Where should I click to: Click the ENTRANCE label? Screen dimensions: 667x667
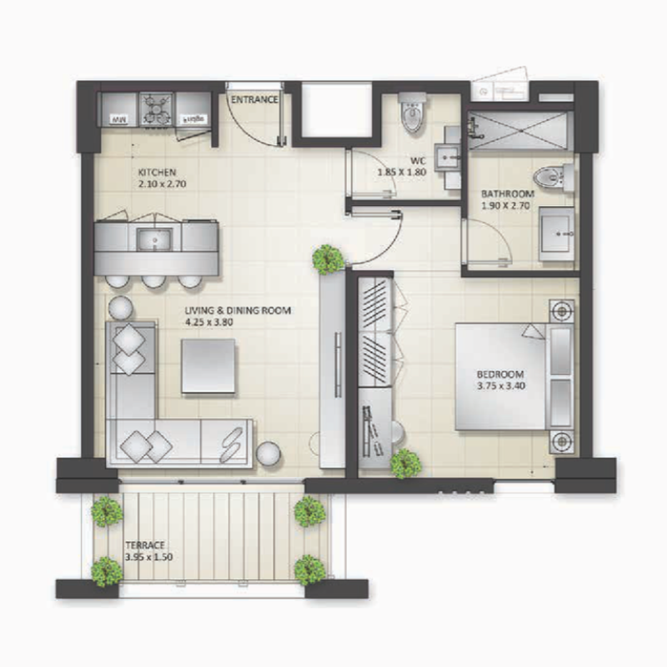point(254,100)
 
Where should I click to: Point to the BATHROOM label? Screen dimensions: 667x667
point(507,193)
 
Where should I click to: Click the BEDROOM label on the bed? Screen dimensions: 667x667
point(500,374)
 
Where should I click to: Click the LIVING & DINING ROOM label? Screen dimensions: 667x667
point(238,311)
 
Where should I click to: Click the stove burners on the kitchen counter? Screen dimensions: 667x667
point(155,109)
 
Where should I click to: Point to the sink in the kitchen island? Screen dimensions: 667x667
point(155,240)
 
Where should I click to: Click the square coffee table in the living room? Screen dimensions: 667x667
point(209,367)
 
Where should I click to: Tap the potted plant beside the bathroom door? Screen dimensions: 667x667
point(327,258)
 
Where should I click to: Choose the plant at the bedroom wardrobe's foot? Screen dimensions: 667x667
point(405,463)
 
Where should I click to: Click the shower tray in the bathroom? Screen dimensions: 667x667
point(519,131)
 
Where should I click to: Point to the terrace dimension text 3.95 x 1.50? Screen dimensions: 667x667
point(148,556)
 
